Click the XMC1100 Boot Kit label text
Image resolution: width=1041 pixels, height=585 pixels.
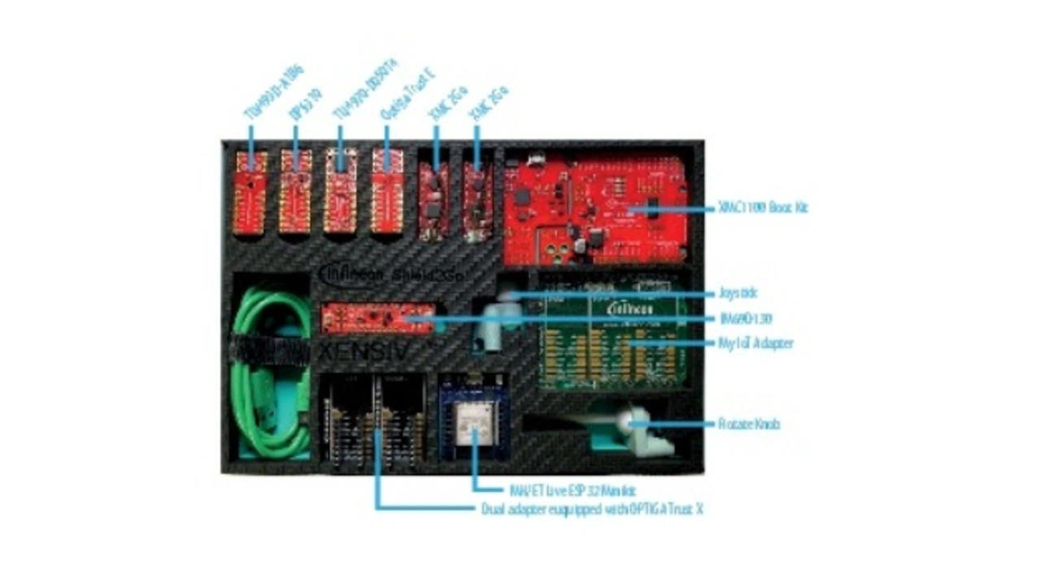pos(763,208)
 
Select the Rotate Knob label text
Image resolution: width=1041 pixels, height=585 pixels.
pos(749,424)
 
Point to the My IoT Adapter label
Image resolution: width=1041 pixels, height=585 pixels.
pos(756,343)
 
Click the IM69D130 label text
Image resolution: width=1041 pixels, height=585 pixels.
pos(745,318)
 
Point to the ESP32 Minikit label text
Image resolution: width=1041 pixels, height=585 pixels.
pos(571,491)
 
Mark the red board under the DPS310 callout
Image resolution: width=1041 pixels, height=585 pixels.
pos(295,192)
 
